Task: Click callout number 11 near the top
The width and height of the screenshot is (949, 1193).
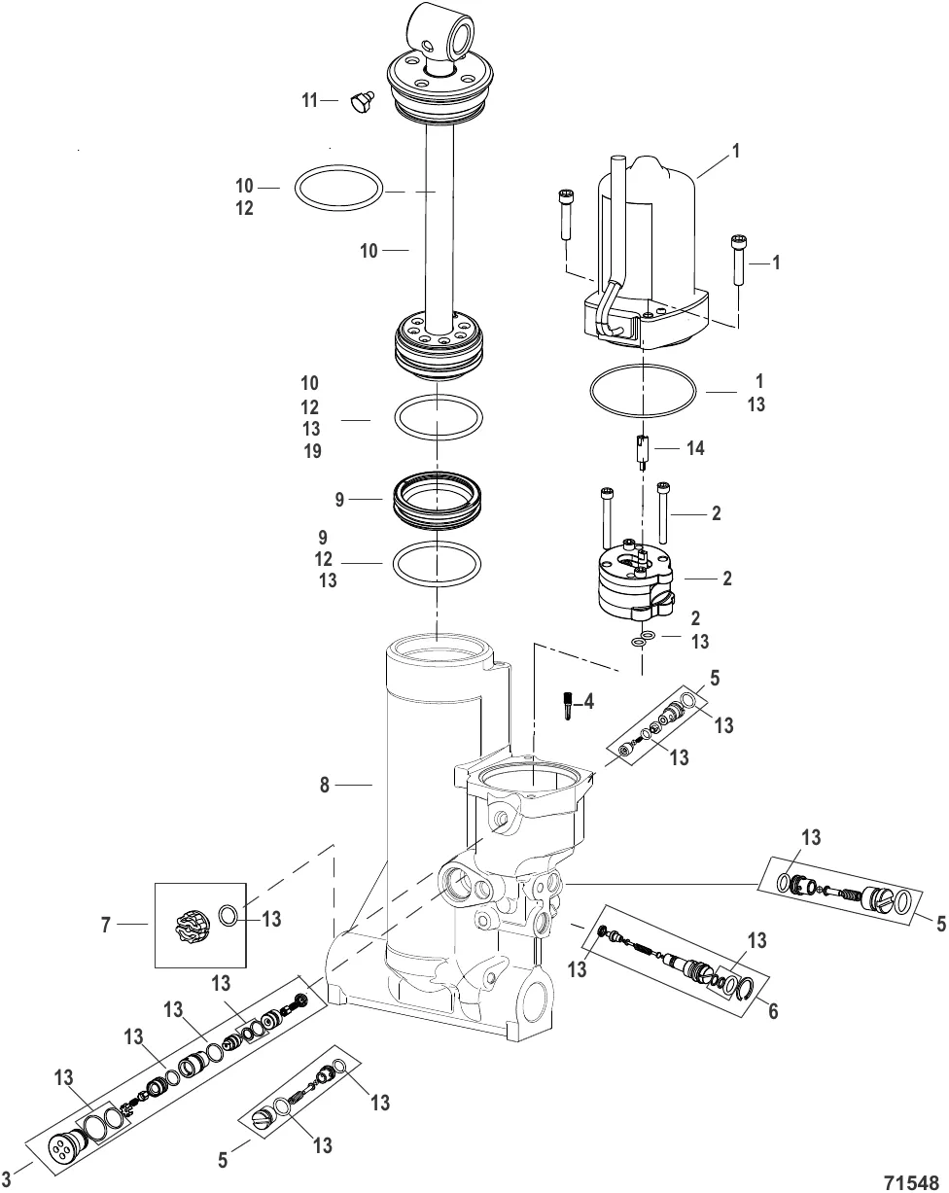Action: pos(309,100)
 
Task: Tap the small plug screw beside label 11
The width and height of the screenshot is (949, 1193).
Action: pos(361,102)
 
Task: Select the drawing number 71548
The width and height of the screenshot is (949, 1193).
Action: pos(913,1177)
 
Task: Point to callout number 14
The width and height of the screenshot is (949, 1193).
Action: pos(695,449)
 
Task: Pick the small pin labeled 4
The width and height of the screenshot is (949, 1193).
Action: pos(567,704)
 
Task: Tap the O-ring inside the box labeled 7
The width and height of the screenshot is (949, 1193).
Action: pos(228,916)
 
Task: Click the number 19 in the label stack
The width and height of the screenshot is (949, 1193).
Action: pos(311,451)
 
